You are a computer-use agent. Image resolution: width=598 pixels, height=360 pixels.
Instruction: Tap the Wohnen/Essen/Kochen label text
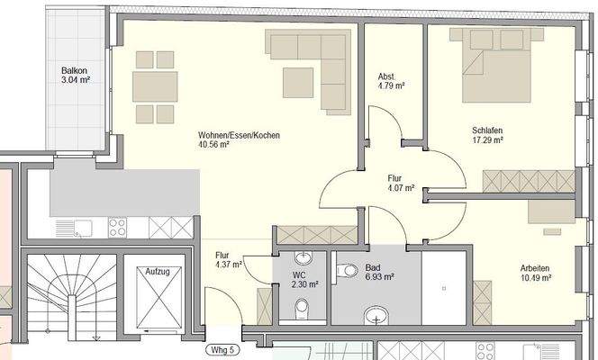pos(240,135)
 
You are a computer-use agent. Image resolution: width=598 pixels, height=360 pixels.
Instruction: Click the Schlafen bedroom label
pos(487,130)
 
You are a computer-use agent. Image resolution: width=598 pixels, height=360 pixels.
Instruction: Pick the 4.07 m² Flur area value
pos(398,188)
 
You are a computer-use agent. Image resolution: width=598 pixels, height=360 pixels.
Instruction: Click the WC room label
pos(300,274)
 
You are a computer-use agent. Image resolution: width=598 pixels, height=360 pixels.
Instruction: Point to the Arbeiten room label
pos(535,268)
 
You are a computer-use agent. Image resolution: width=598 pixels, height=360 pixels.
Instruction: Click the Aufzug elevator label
pos(158,269)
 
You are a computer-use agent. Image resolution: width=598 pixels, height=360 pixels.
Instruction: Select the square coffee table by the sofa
pos(298,82)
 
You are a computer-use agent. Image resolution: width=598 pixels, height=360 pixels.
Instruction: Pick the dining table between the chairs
pos(154,86)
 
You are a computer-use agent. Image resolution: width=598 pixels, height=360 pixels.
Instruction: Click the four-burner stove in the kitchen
pos(118,228)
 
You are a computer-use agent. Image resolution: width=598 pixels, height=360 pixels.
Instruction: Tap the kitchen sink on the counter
pos(70,228)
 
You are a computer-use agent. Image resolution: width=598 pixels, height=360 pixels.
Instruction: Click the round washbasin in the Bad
pos(376,316)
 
